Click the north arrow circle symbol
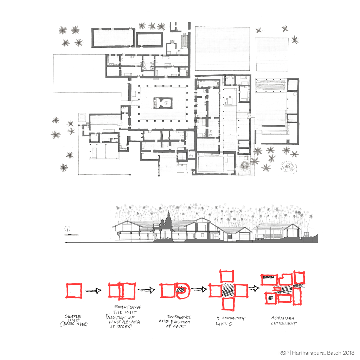[x=67, y=229]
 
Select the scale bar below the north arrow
[x=71, y=235]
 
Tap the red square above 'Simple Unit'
[x=74, y=291]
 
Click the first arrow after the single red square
[x=93, y=291]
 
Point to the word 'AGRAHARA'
[x=283, y=318]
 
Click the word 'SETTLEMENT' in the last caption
[x=284, y=323]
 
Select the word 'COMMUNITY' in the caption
[x=233, y=318]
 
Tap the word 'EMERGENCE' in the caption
[x=179, y=317]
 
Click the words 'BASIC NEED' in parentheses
[x=74, y=324]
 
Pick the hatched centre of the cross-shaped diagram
[x=228, y=290]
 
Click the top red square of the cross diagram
[x=227, y=276]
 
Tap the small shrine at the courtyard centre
[x=163, y=103]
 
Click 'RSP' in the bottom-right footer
[x=283, y=353]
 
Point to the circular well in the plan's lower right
[x=244, y=165]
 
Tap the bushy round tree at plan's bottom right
[x=289, y=166]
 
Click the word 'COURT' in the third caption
[x=179, y=326]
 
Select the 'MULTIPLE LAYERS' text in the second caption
[x=125, y=322]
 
